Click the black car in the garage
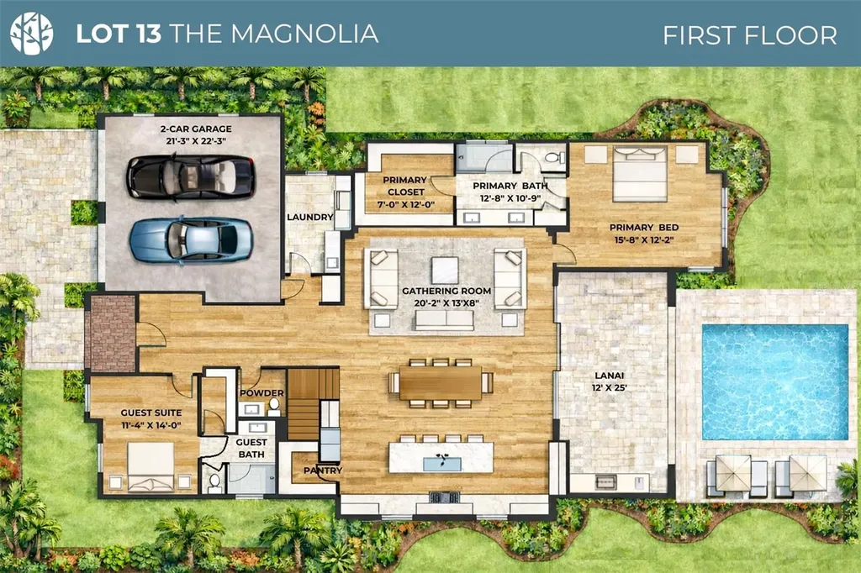191,176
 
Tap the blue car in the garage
191,239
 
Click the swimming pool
775,382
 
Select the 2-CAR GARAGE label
196,129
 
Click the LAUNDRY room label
309,217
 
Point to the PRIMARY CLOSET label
405,186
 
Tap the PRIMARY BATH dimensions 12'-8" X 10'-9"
510,198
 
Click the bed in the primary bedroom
640,174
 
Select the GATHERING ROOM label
446,291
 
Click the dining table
441,382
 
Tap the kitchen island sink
442,464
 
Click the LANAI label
610,376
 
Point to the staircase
313,403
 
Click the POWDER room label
262,393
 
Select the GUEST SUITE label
151,413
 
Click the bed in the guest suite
151,466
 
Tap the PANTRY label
323,470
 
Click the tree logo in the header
31,33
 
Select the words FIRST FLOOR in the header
749,35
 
